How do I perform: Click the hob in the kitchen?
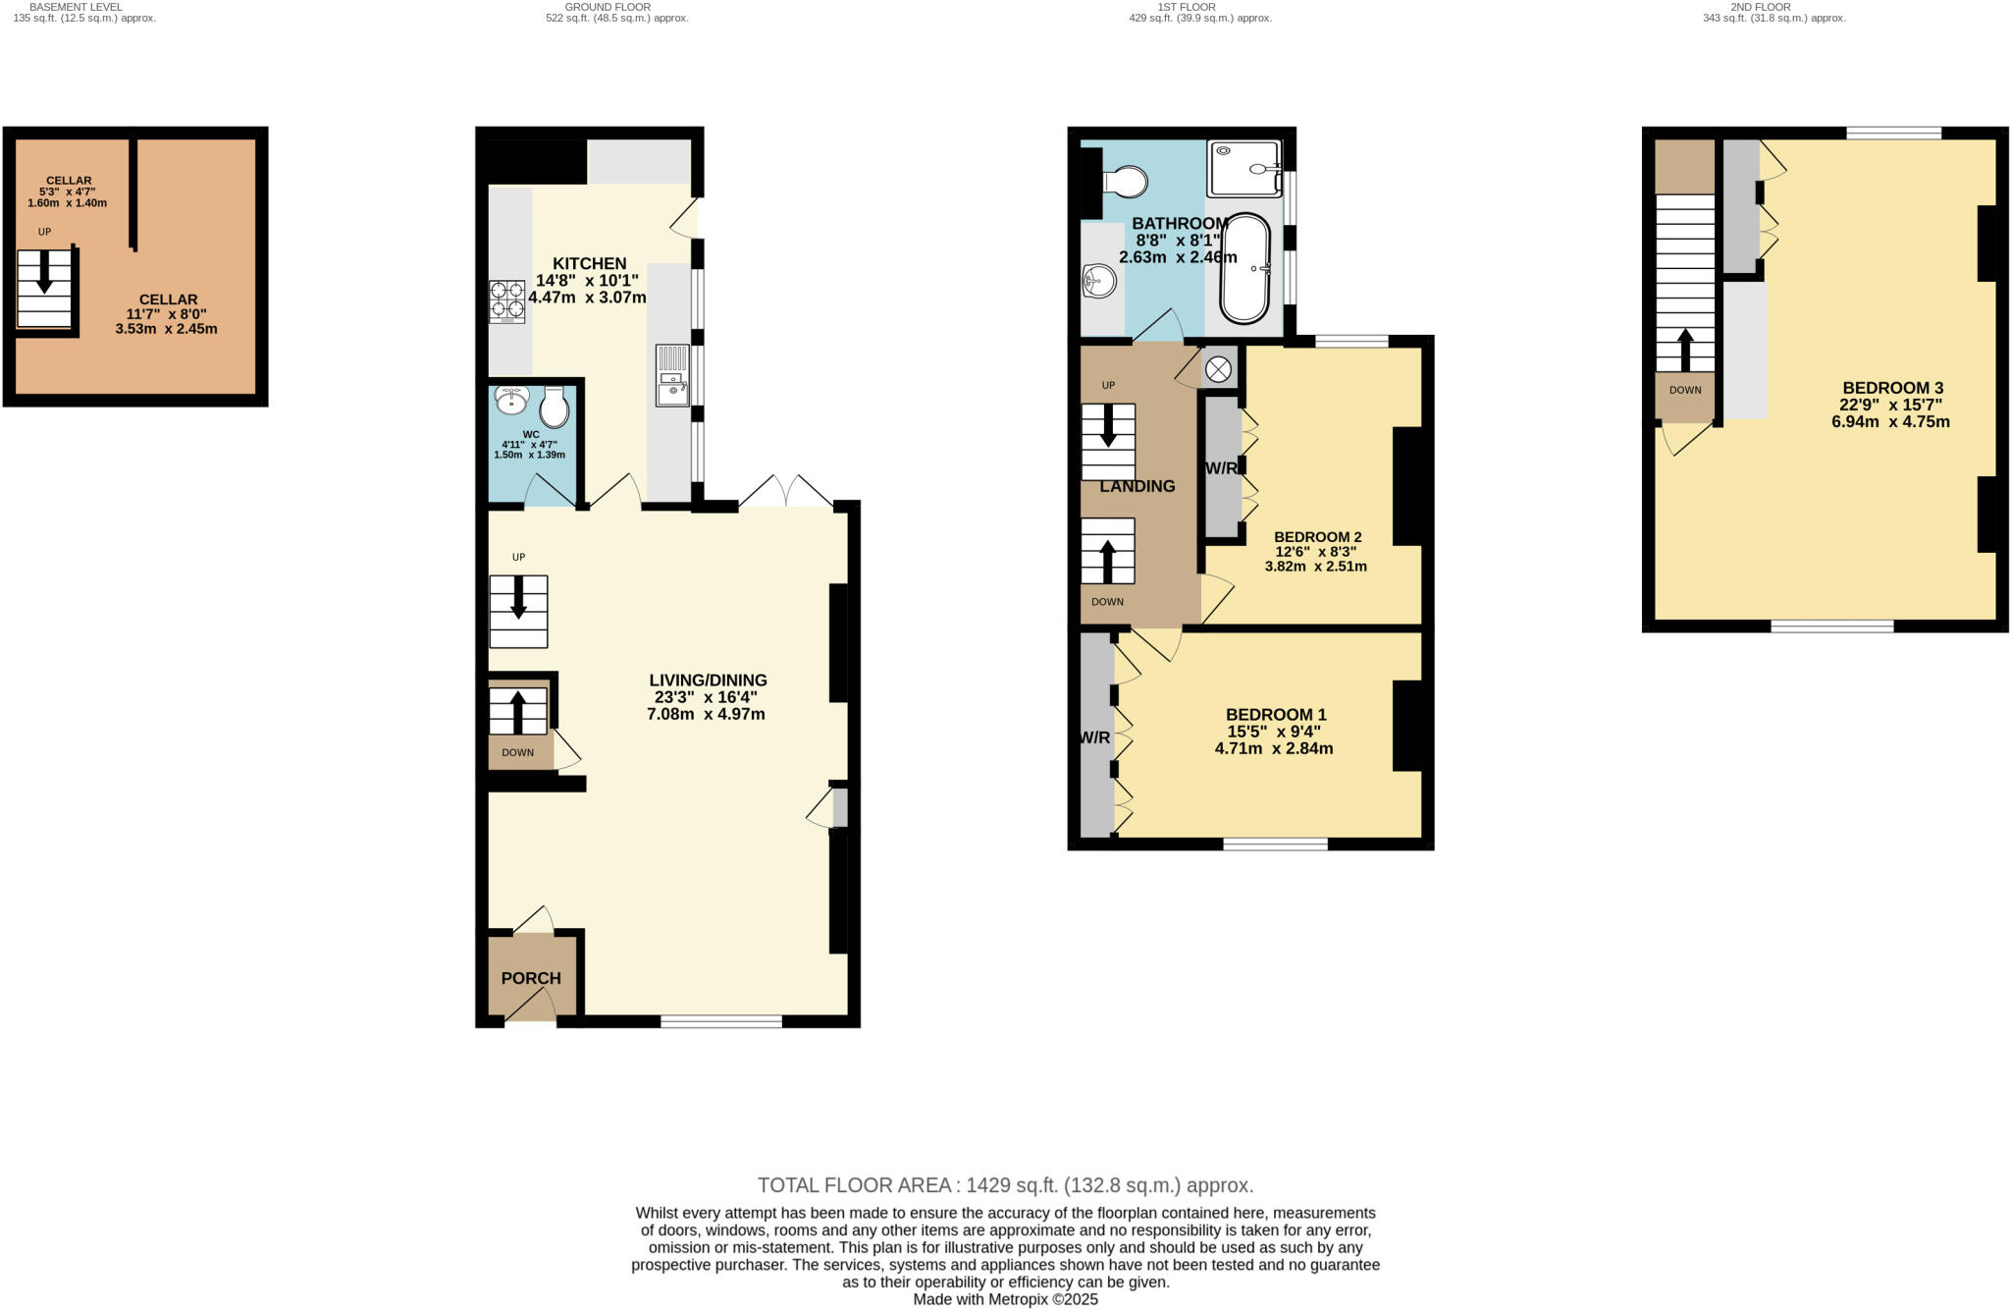click(x=507, y=301)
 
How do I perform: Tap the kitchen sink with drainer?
click(x=673, y=374)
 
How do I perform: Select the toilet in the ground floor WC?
click(x=555, y=407)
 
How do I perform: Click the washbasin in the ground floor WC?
click(x=511, y=400)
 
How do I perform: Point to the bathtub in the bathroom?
click(x=1243, y=268)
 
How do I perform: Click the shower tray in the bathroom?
click(x=1244, y=168)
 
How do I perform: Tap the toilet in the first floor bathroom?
click(x=1125, y=182)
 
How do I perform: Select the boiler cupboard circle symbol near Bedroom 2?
click(x=1218, y=369)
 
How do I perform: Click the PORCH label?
click(x=531, y=978)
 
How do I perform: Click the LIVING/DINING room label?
click(x=708, y=680)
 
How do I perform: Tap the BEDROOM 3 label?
click(x=1892, y=388)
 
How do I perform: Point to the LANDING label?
click(x=1137, y=486)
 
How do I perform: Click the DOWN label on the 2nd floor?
click(x=1685, y=390)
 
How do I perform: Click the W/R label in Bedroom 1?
click(x=1094, y=737)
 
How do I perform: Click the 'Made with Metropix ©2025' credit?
click(x=1005, y=1299)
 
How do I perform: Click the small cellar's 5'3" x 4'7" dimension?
click(x=68, y=191)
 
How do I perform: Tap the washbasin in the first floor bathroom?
click(x=1099, y=282)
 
